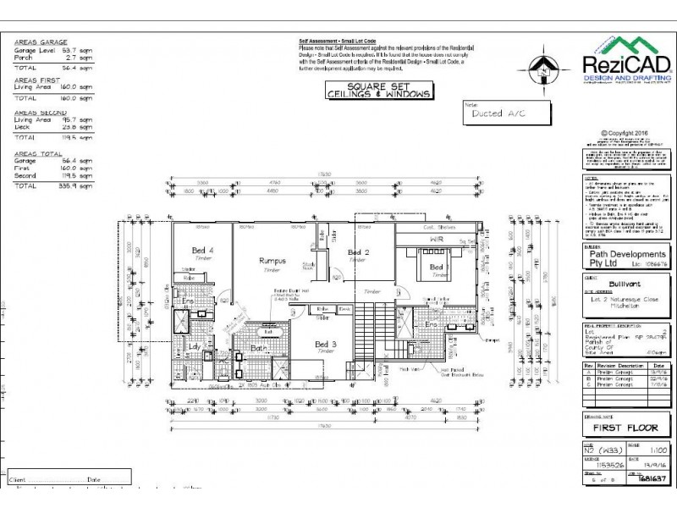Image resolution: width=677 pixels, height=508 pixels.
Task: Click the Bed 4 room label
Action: tap(202, 250)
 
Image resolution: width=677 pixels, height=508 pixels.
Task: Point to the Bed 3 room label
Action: tap(327, 344)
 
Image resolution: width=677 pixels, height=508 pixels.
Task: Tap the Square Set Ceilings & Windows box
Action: tap(378, 91)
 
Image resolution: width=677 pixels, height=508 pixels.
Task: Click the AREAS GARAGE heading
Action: tap(41, 41)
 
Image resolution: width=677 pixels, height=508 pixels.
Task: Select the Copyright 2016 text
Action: tap(626, 133)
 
